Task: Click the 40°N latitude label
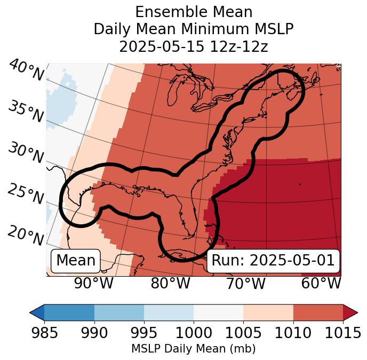26,71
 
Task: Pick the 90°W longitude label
94,283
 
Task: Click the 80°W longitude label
171,283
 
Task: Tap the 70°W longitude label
246,283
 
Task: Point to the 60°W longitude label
321,283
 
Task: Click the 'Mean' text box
76,261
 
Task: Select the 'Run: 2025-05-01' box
273,261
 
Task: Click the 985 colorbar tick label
44,333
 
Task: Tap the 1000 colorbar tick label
194,333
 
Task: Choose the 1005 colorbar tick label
243,333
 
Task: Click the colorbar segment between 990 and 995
119,312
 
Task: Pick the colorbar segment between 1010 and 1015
318,312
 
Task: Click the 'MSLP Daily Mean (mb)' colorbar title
194,349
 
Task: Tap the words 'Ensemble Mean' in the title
194,12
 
